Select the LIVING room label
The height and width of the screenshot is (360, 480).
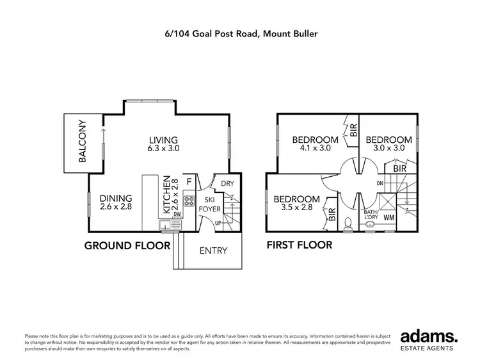point(163,140)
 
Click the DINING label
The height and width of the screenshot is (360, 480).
point(116,198)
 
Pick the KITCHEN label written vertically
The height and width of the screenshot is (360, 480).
point(166,195)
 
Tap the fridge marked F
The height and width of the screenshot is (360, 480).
point(189,182)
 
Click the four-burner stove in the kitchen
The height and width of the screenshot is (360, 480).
point(188,208)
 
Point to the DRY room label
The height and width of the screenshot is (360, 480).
point(227,183)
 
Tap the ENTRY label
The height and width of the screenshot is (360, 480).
point(213,250)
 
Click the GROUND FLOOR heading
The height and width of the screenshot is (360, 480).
point(127,245)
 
